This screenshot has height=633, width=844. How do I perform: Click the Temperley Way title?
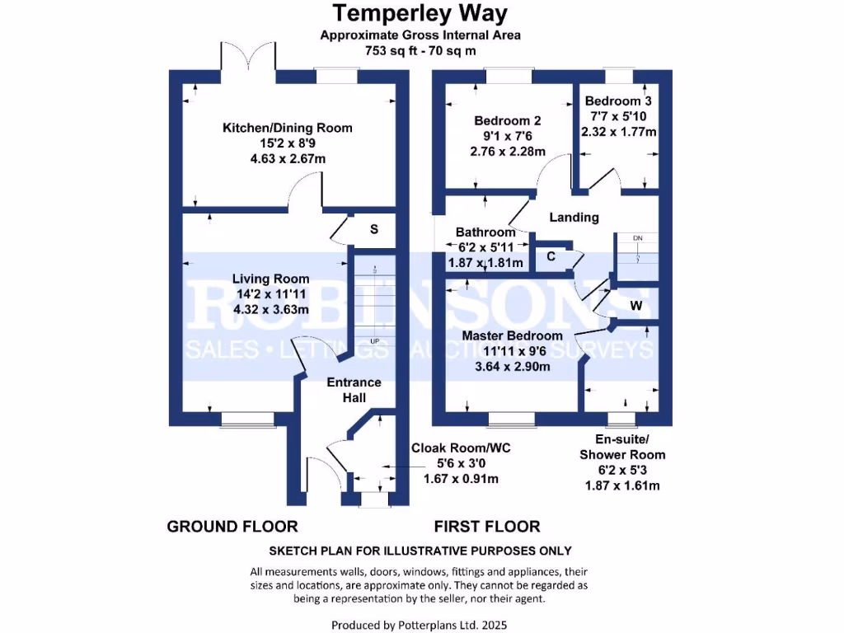[x=420, y=14]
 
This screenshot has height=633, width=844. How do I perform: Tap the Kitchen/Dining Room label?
[x=287, y=128]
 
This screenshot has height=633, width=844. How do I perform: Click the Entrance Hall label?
[x=354, y=390]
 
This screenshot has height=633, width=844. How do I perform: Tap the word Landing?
[x=574, y=218]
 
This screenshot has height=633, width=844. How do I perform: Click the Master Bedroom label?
[x=512, y=336]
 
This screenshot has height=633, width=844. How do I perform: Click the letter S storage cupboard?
[x=373, y=229]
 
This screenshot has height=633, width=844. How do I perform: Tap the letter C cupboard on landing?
[x=551, y=257]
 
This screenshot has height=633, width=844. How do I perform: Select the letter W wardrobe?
[x=635, y=306]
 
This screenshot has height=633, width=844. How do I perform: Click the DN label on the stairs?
[x=637, y=239]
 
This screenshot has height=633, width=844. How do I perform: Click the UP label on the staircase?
[x=376, y=341]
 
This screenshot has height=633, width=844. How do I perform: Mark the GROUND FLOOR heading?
[x=232, y=526]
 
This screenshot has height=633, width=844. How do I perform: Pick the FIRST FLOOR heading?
[x=487, y=526]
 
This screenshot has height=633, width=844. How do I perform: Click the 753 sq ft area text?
[x=420, y=49]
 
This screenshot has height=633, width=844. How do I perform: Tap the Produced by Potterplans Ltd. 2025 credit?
[x=420, y=625]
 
